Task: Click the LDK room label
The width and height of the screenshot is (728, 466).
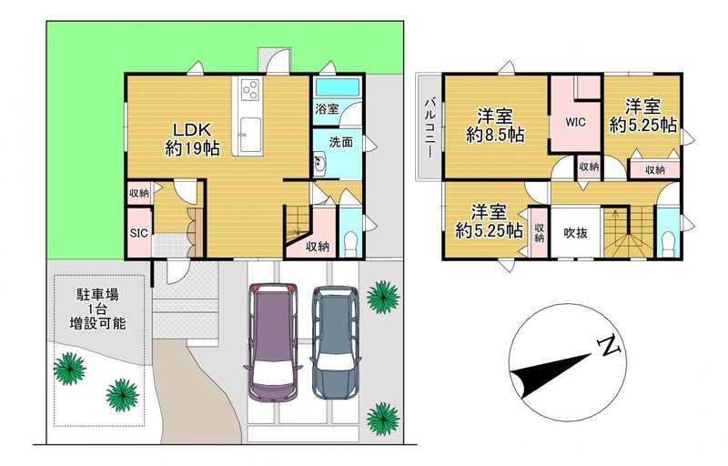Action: pos(192,127)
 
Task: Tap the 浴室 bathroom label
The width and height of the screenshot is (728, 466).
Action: pos(327,109)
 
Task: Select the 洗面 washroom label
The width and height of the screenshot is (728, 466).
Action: pos(340,142)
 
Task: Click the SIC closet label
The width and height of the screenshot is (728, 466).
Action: pos(139,233)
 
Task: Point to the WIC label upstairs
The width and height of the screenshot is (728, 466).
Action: pos(575,123)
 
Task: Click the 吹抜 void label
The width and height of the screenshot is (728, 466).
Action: pos(576,232)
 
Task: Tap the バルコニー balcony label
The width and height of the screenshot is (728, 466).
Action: pos(430,127)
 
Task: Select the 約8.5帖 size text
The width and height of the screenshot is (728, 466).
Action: pos(495,135)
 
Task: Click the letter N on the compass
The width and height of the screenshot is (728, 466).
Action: pos(610,346)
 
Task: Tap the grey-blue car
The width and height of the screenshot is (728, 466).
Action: pos(335,342)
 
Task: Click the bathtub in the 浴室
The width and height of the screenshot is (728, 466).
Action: pos(337,87)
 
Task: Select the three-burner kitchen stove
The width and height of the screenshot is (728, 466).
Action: pos(251,89)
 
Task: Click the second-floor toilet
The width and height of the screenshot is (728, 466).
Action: pos(668,242)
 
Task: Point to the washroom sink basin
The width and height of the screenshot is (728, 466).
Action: pos(320,163)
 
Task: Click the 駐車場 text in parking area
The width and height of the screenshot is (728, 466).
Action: pos(97,294)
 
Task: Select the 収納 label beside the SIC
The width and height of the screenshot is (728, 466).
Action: pos(139,193)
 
